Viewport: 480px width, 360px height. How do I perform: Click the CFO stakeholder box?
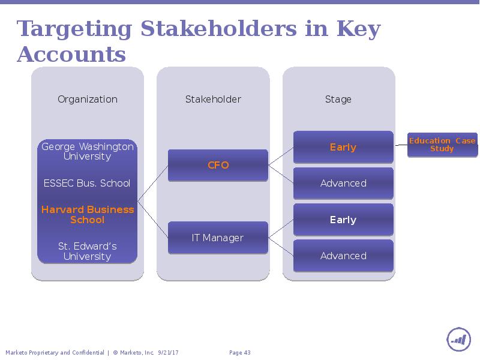coord(218,165)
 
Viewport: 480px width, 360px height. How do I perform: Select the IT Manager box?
coord(218,238)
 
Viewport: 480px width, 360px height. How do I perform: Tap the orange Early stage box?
coord(343,147)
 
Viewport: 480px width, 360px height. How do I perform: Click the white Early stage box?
coord(343,220)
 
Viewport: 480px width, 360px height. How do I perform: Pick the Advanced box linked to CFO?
coord(343,183)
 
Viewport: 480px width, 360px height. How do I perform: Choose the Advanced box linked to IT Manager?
coord(343,256)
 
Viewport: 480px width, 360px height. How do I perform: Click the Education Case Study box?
coord(442,145)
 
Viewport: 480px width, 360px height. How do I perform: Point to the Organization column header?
coord(88,99)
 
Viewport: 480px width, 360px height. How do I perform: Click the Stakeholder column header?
coord(213,99)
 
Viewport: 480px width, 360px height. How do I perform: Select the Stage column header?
coord(338,100)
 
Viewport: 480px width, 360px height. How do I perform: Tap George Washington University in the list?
coord(88,151)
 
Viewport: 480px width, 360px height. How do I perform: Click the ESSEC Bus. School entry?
coord(87,183)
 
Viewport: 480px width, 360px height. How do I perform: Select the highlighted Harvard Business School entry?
coord(88,215)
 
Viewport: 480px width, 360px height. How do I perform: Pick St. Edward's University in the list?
coord(88,251)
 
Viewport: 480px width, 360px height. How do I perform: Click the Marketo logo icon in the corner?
coord(458,340)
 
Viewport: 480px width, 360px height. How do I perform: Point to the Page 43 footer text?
coord(239,353)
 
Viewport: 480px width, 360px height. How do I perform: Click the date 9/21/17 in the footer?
coord(168,353)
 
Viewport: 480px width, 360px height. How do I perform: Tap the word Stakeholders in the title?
coord(218,28)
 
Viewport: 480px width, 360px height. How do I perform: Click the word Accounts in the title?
coord(71,55)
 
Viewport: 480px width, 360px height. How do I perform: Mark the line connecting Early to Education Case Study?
coord(401,145)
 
